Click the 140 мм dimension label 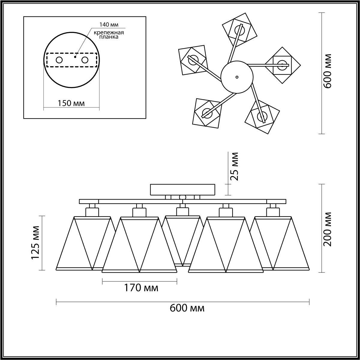click(109, 25)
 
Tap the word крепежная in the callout click(109, 32)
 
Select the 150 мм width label click(71, 103)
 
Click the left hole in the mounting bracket click(59, 60)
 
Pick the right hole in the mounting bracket click(85, 60)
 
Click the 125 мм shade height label click(35, 242)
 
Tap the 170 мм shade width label click(141, 288)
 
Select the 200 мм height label click(327, 229)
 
